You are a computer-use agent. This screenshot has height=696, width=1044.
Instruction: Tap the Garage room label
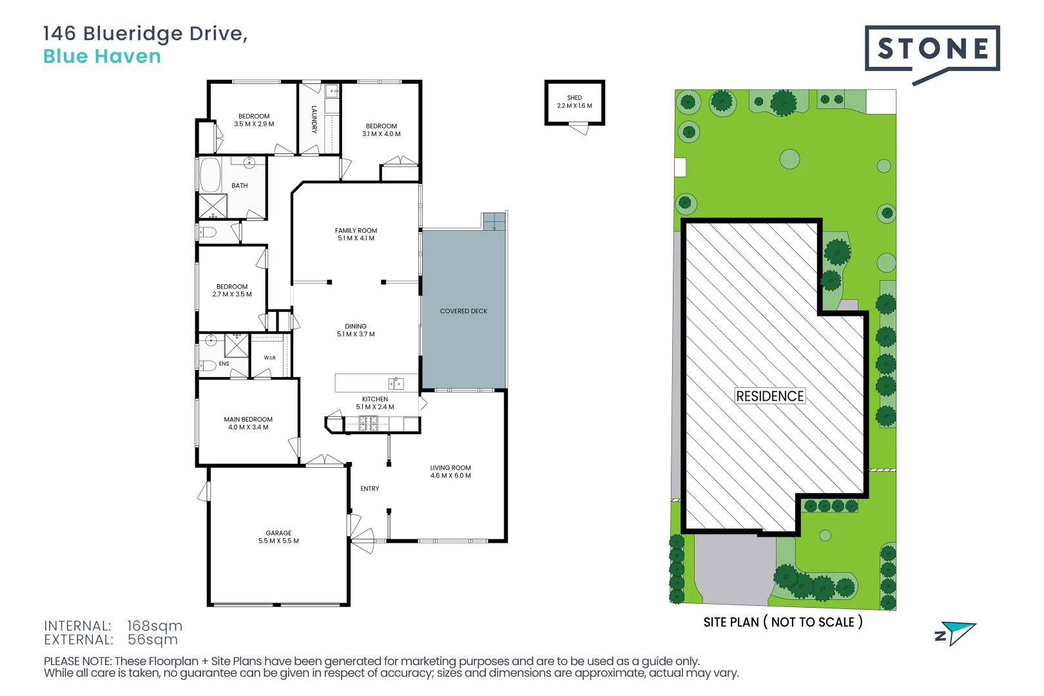coord(278,533)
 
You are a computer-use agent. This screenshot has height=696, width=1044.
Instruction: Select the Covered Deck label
coord(464,311)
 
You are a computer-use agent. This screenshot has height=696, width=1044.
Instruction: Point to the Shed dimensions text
coord(575,106)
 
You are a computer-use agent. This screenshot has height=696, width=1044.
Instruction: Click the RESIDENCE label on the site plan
coord(770,396)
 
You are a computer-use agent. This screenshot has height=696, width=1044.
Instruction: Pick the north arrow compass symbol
coord(956,633)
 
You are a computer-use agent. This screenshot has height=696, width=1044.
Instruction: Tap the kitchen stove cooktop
coord(368,423)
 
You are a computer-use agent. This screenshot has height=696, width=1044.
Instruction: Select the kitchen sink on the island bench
coord(396,383)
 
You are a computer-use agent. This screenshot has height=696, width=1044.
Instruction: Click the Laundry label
coord(314,120)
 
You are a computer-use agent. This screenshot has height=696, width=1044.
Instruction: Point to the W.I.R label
coord(270,358)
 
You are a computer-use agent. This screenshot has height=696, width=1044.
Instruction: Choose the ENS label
coord(224,363)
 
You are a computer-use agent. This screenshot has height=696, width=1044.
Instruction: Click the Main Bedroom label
coord(248,420)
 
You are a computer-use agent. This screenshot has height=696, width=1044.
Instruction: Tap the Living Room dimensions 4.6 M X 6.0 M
coord(450,476)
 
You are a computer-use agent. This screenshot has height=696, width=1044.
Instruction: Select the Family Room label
coord(356,230)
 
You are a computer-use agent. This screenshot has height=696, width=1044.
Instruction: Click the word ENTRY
coord(370,488)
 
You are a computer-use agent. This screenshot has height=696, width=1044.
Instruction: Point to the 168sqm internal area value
coord(155,626)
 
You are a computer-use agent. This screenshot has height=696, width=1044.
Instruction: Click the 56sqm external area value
coord(153,639)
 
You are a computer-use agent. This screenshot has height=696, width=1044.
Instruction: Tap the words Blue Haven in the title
coord(102,57)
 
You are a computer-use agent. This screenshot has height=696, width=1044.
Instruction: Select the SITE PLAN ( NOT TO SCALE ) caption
coord(783,623)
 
